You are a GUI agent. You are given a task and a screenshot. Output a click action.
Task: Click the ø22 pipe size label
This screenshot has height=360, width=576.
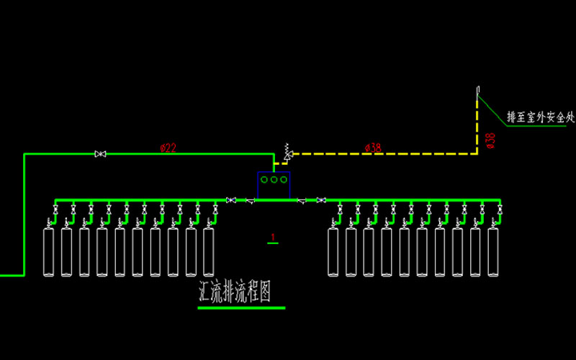(168, 148)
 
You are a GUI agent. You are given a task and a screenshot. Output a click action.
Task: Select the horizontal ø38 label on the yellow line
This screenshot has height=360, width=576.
(373, 148)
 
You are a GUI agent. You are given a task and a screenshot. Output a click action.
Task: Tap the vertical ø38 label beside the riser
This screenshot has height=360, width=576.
(490, 140)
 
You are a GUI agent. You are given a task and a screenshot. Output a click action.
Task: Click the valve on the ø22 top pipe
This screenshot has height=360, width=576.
(101, 153)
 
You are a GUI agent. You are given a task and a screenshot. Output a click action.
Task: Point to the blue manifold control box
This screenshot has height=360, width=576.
(274, 185)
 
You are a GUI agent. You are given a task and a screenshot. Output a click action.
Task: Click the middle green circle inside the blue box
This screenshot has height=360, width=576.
(274, 179)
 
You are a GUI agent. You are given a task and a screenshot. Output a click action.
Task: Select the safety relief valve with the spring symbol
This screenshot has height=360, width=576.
(288, 153)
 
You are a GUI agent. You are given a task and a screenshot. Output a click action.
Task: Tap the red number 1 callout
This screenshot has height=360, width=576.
(273, 237)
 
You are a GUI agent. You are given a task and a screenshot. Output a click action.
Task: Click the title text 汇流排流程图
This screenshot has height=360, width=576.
(238, 292)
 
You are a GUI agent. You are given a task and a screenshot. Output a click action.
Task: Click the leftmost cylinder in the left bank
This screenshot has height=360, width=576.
(50, 252)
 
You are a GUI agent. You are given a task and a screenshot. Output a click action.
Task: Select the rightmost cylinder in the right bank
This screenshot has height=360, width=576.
(493, 252)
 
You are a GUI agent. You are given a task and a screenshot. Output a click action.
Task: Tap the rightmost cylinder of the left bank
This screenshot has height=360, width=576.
(209, 252)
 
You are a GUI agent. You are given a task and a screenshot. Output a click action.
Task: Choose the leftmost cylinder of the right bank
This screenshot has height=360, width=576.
(333, 252)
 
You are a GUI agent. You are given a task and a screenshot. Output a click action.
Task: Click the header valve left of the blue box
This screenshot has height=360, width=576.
(231, 199)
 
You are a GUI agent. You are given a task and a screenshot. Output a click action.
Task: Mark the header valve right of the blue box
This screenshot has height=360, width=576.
(321, 199)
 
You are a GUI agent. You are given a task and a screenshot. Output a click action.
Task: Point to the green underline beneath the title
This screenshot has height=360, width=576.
(241, 308)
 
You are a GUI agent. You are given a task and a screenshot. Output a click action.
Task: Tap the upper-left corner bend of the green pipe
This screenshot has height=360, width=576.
(24, 153)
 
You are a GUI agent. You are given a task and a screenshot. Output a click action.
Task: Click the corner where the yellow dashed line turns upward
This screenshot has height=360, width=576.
(477, 153)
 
